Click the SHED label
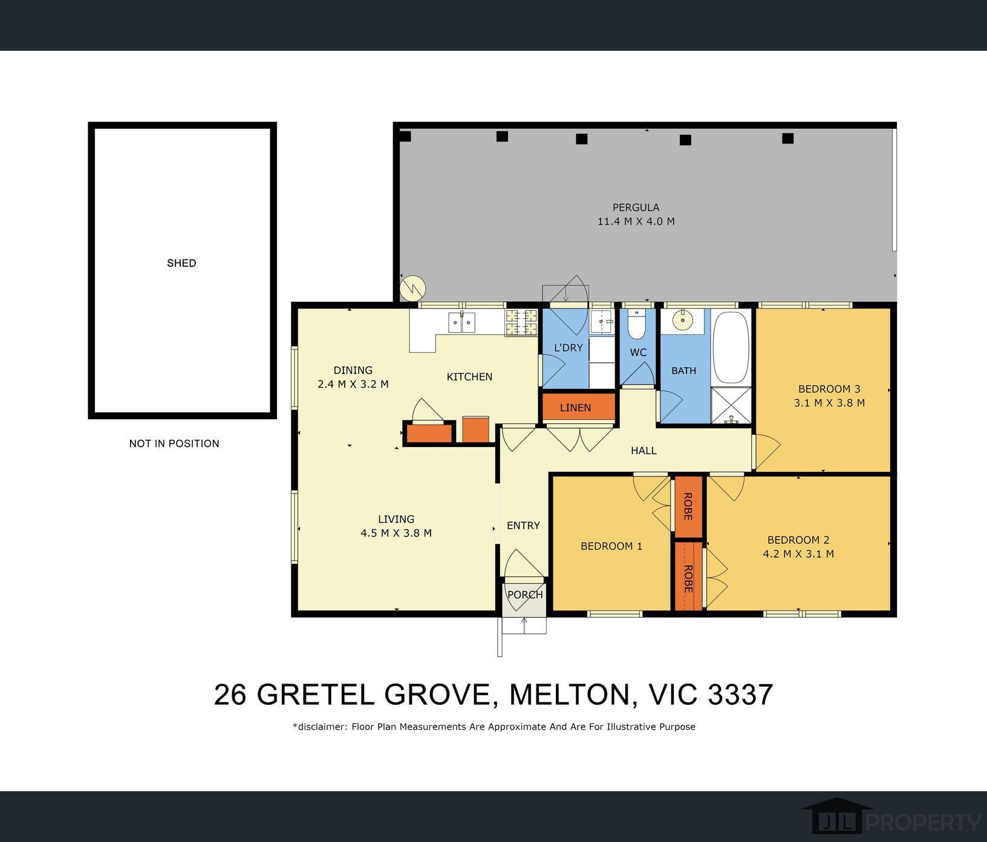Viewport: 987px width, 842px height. click(x=181, y=263)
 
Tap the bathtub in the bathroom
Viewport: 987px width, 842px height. click(x=731, y=347)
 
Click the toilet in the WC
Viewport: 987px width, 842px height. click(x=637, y=325)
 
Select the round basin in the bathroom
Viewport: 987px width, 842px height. click(x=683, y=320)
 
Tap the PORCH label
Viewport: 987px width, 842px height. click(x=525, y=595)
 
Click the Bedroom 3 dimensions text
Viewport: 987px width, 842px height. click(x=829, y=403)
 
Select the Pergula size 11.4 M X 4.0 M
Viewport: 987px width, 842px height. click(x=636, y=221)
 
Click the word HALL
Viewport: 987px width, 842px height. click(x=643, y=451)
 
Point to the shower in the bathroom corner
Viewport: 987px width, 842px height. click(x=731, y=405)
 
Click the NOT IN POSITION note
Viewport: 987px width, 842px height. click(x=174, y=443)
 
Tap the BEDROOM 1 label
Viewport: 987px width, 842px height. click(x=611, y=546)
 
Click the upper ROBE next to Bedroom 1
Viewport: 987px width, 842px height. click(x=688, y=506)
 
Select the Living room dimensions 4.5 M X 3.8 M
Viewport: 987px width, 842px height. click(x=396, y=533)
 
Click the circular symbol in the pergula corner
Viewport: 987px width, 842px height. click(x=414, y=289)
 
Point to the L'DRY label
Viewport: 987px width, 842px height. click(x=568, y=348)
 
